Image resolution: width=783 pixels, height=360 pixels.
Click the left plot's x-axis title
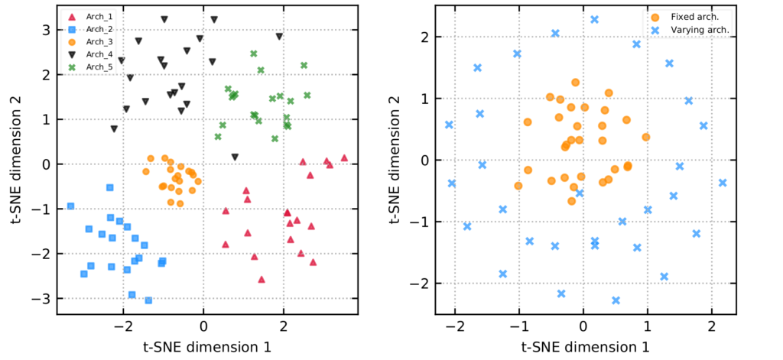click(x=203, y=346)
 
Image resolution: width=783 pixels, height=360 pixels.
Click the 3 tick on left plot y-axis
click(x=46, y=30)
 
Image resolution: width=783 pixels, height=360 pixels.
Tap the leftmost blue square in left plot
click(x=71, y=206)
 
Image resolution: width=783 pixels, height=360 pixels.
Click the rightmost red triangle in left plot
click(x=344, y=158)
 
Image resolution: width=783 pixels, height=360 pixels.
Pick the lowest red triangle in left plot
click(x=262, y=280)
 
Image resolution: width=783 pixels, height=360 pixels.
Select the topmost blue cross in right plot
click(x=594, y=20)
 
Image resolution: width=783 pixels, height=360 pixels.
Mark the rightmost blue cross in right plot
click(x=723, y=183)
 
